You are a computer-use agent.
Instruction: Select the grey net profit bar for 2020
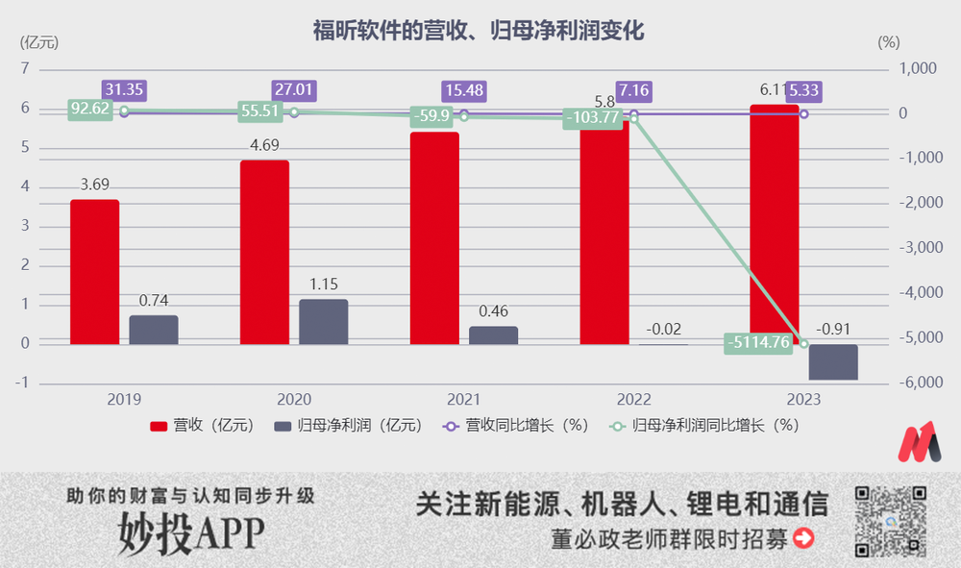click(x=323, y=322)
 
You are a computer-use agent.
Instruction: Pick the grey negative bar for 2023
click(x=833, y=362)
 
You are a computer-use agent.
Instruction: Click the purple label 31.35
click(x=125, y=90)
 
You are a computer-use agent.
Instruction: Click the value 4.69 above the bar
click(x=264, y=146)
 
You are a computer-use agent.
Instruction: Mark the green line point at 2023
click(x=804, y=343)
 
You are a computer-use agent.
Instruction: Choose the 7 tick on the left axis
click(x=25, y=69)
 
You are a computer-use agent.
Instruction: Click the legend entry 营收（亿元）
click(x=202, y=425)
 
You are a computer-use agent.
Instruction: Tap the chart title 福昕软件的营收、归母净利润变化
click(x=478, y=30)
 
